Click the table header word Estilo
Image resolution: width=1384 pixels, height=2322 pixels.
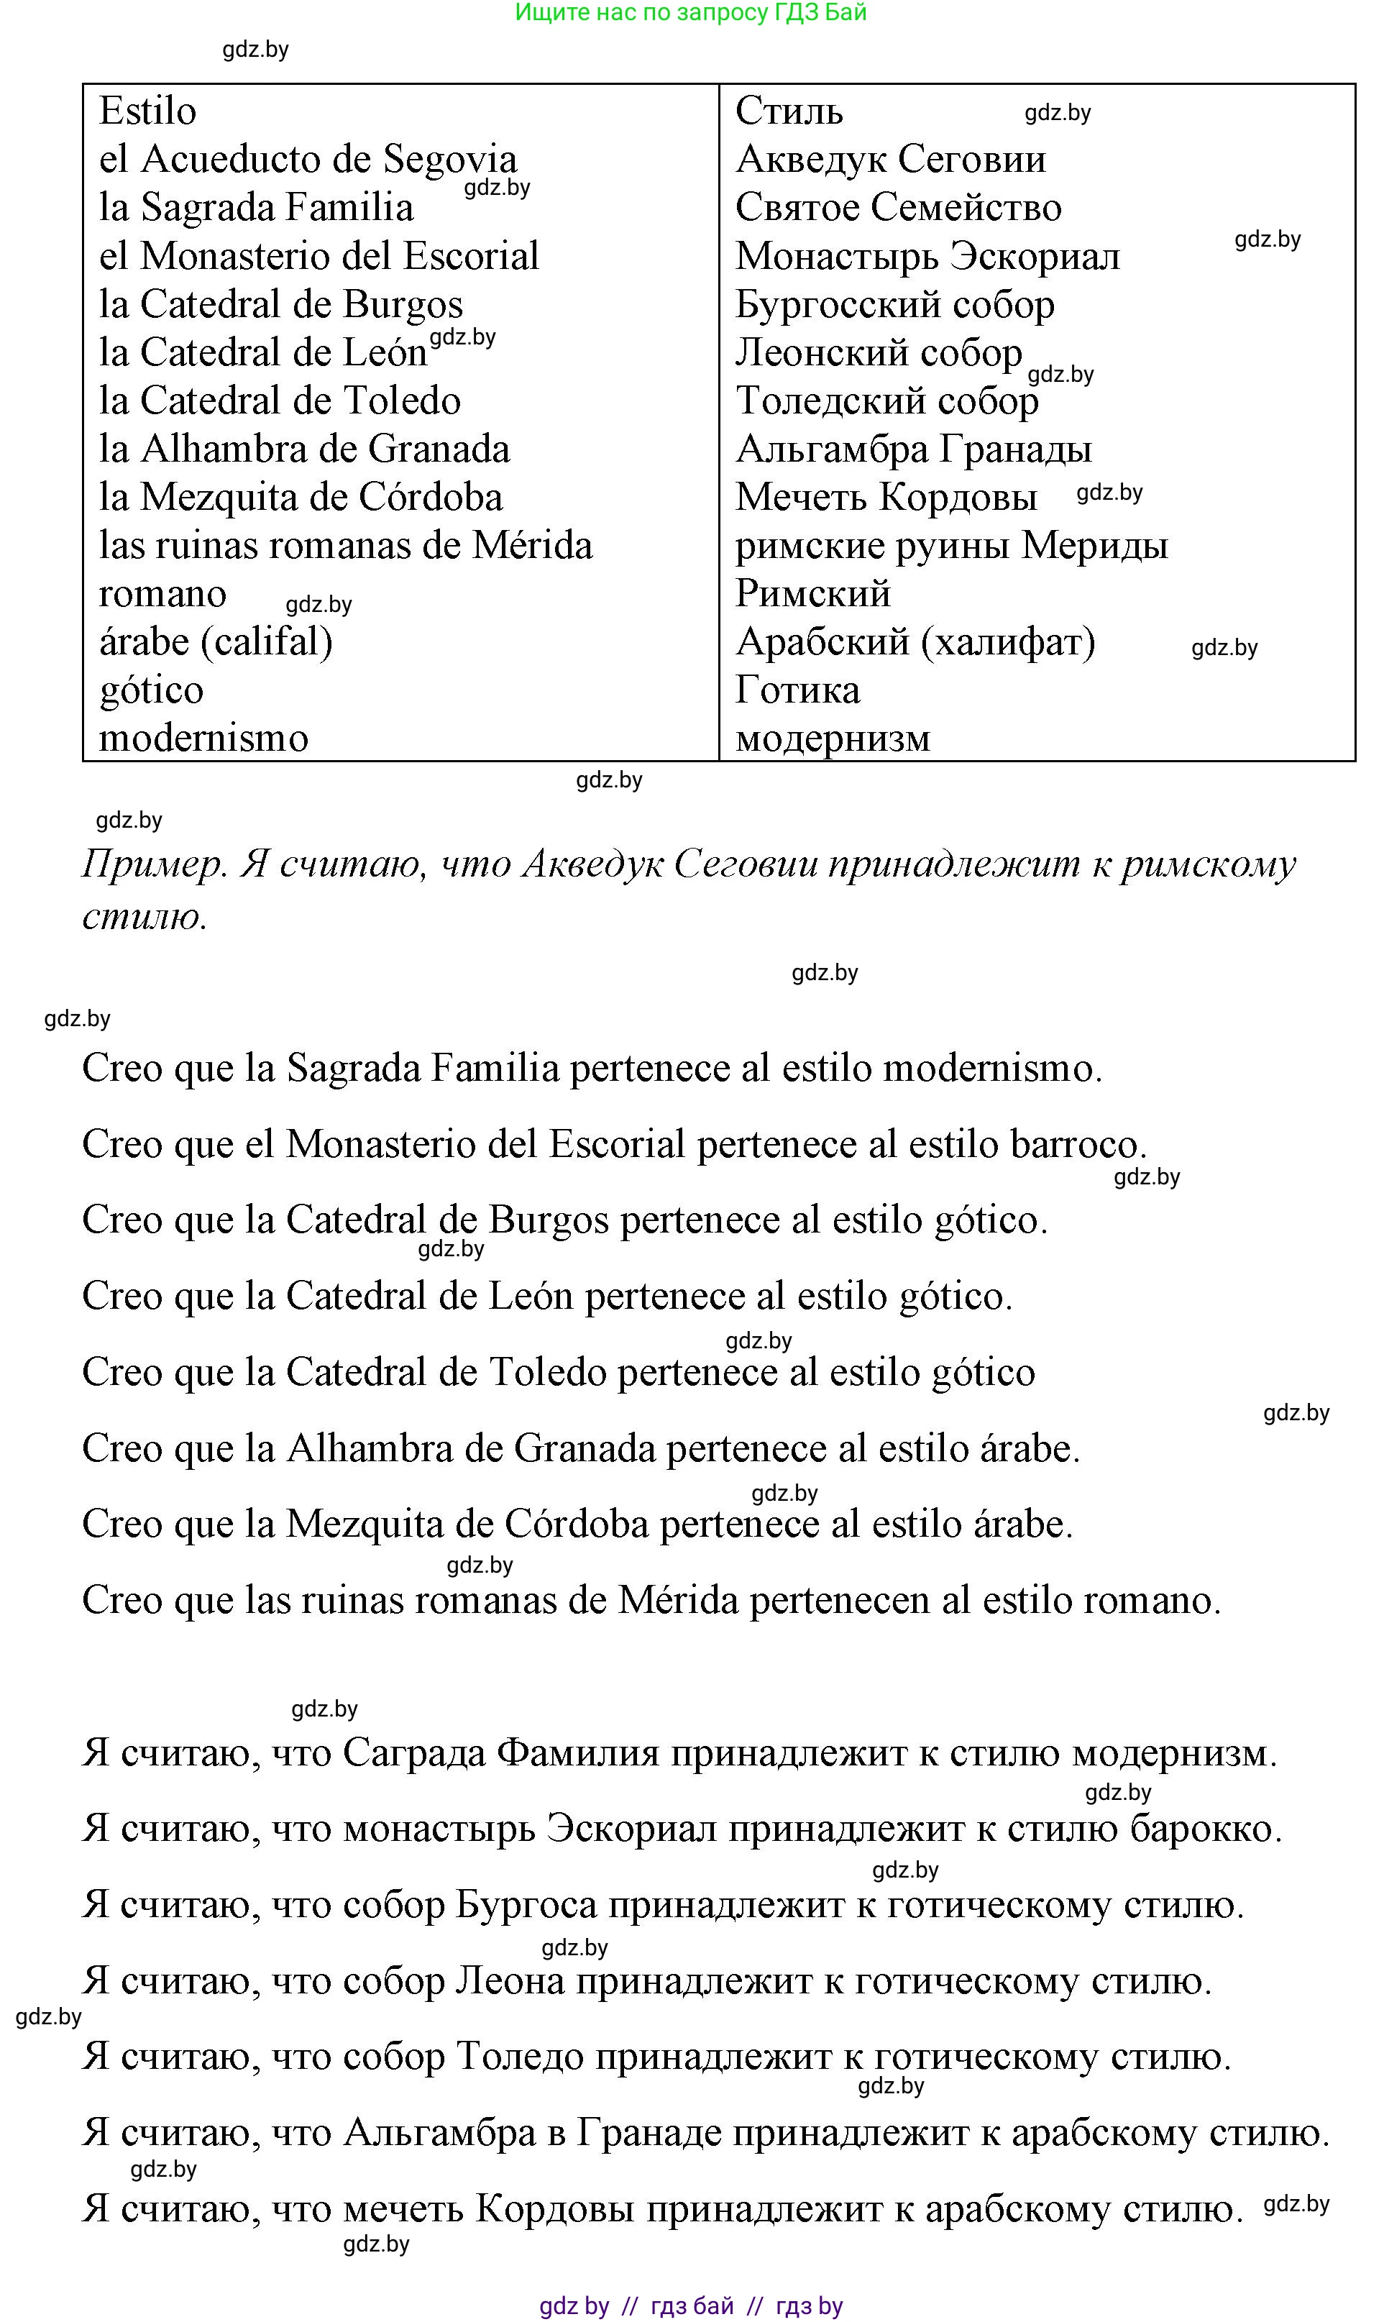(x=147, y=111)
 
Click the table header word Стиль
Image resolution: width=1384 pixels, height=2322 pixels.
(x=788, y=111)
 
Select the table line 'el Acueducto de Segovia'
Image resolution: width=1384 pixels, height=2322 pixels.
(x=308, y=160)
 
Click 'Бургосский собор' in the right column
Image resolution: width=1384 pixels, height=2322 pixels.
(x=894, y=305)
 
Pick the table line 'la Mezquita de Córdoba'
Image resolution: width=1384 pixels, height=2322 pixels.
(x=301, y=498)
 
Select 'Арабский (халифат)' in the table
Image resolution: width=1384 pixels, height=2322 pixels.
(x=915, y=642)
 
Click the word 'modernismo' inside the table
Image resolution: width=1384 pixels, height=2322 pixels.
(x=203, y=739)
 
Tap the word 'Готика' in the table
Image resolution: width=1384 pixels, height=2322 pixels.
(x=797, y=691)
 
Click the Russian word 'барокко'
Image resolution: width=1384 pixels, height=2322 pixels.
(x=1205, y=1829)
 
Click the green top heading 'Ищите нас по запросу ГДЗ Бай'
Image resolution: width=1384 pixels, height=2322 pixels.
(x=690, y=12)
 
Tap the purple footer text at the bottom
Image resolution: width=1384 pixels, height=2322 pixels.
(x=691, y=2306)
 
